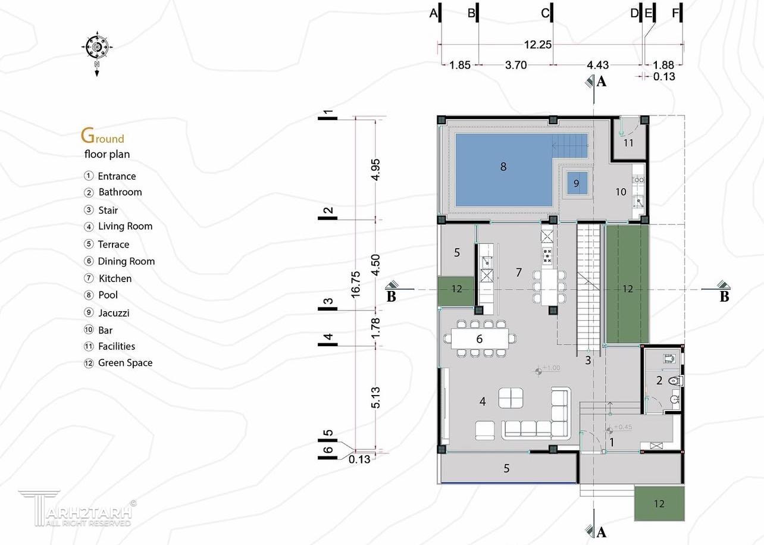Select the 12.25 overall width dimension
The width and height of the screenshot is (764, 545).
tap(537, 45)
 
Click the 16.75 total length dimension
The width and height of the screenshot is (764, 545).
tap(355, 284)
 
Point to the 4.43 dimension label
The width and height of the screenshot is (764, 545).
tap(597, 65)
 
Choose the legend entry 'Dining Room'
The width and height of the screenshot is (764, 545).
tap(126, 261)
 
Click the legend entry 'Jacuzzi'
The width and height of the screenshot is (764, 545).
tap(114, 313)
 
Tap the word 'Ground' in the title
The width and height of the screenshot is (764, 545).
tap(102, 136)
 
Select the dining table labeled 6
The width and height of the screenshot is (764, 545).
tap(480, 339)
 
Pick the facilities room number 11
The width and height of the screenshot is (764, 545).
tap(628, 143)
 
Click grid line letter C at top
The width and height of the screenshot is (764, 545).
tap(544, 13)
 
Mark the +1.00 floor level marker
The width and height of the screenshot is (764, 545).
tap(538, 371)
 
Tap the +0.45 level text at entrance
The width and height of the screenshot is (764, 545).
tap(623, 427)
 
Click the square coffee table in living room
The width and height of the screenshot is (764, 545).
tap(511, 397)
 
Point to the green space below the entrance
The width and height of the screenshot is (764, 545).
tap(659, 503)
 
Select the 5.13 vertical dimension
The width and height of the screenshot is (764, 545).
tap(375, 397)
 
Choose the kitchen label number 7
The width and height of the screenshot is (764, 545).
tap(519, 272)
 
